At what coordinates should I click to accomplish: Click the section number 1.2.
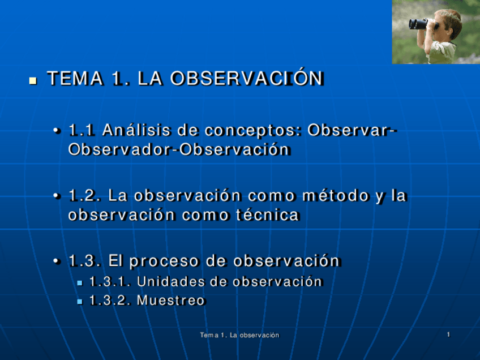tap(85, 196)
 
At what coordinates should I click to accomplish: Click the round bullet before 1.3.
tap(57, 262)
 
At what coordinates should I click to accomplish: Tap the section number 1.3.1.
tap(110, 281)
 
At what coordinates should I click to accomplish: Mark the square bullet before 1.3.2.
tap(80, 302)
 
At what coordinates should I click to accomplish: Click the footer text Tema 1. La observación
tap(239, 336)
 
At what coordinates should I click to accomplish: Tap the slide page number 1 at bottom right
tap(448, 335)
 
